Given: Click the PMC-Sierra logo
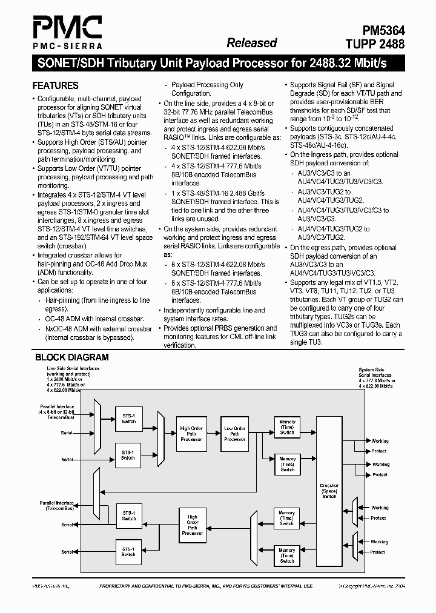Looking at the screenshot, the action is click(x=67, y=32).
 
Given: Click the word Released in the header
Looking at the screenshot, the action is click(x=251, y=42).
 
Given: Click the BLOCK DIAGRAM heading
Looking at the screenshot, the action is click(x=71, y=357).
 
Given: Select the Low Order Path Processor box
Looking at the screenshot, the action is click(x=235, y=434).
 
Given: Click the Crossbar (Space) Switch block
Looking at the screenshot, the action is click(x=329, y=491).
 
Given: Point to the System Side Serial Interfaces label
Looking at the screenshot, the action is click(x=375, y=373).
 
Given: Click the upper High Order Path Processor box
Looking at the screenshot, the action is click(x=191, y=434).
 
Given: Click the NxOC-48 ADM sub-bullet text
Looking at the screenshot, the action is click(x=94, y=328).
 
